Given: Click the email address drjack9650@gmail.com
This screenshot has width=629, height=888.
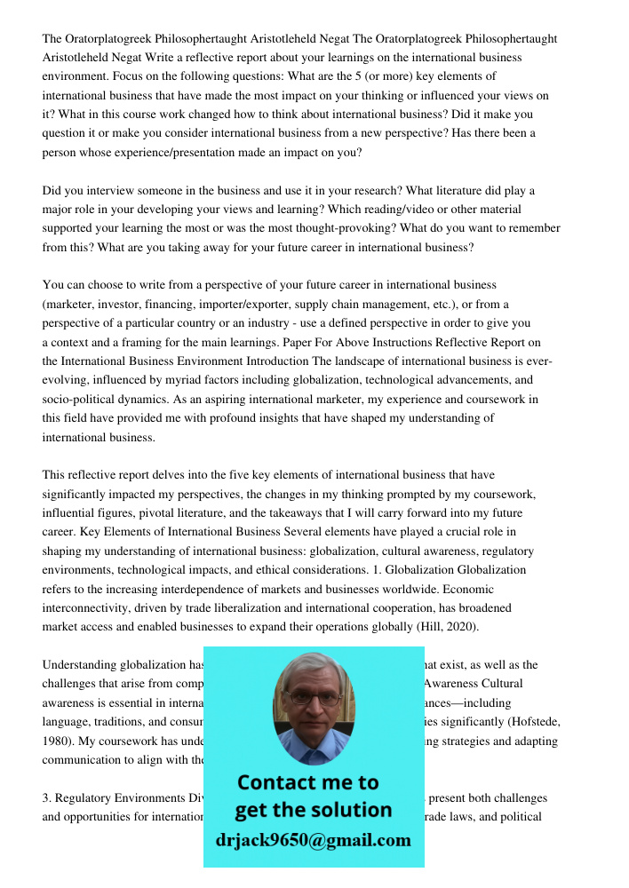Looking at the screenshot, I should pyautogui.click(x=313, y=840).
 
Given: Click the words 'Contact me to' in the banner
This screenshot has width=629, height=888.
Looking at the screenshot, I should pyautogui.click(x=307, y=782).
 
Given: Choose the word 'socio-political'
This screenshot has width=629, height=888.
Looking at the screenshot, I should pyautogui.click(x=81, y=399).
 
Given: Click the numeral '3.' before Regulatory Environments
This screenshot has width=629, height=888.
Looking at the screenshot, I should pyautogui.click(x=48, y=797).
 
